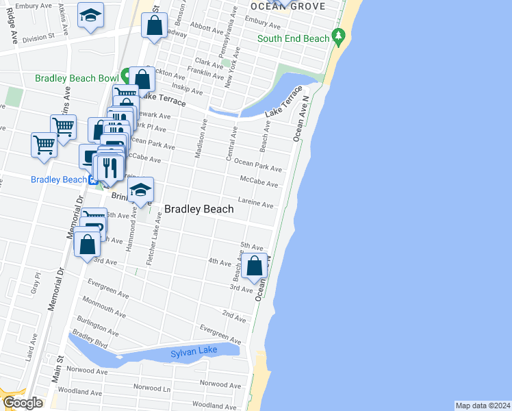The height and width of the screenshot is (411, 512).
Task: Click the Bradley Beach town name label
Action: click(199, 210)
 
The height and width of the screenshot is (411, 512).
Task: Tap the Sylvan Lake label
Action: click(194, 352)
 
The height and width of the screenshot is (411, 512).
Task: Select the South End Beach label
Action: click(293, 38)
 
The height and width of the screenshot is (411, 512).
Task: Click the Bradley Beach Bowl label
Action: click(77, 78)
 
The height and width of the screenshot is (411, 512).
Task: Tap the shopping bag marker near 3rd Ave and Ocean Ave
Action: click(254, 266)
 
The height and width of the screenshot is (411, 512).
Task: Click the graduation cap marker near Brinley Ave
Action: click(140, 190)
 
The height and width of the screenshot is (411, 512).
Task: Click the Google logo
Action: click(23, 402)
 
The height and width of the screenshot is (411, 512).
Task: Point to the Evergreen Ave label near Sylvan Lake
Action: click(220, 336)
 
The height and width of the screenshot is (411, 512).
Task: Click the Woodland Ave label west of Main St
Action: click(86, 393)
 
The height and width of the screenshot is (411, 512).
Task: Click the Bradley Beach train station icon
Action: click(92, 180)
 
